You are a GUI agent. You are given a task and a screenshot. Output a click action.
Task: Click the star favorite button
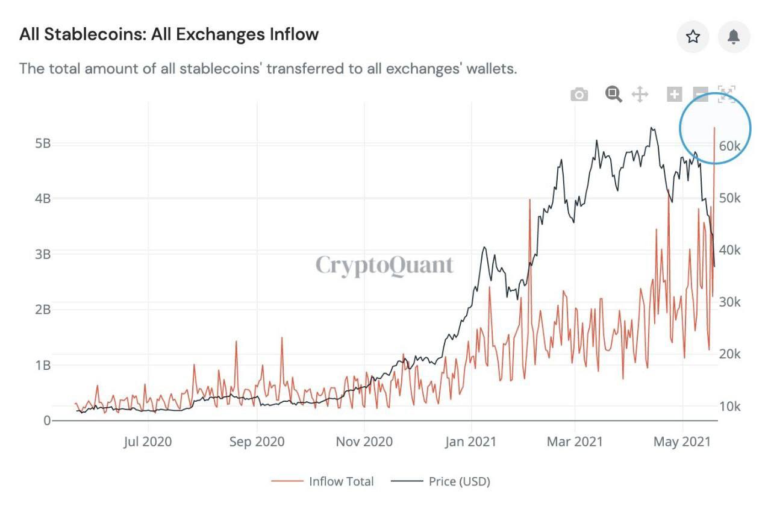[x=693, y=37]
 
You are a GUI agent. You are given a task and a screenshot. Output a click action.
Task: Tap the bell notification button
[x=734, y=37]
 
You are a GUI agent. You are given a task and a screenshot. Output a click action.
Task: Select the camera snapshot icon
[x=579, y=95]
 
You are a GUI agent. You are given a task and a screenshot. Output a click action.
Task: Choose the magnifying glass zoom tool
[x=613, y=94]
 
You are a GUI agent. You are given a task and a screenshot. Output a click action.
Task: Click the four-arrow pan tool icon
[x=640, y=95]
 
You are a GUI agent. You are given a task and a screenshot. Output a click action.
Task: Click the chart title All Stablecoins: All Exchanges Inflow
[x=169, y=34]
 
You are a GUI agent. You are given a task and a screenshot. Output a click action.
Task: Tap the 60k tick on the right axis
[x=729, y=146]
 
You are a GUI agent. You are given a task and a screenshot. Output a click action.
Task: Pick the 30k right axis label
[x=729, y=302]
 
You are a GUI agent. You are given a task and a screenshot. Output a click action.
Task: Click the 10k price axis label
[x=729, y=406]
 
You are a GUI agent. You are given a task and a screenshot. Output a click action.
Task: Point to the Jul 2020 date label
[x=148, y=442]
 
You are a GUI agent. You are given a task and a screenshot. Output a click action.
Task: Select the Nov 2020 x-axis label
[x=364, y=442]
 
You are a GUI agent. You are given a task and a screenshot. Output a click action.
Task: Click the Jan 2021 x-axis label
[x=470, y=442]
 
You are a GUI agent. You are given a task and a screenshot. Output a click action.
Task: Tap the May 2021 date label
[x=682, y=442]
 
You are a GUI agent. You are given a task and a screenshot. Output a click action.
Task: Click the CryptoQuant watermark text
[x=384, y=265]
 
